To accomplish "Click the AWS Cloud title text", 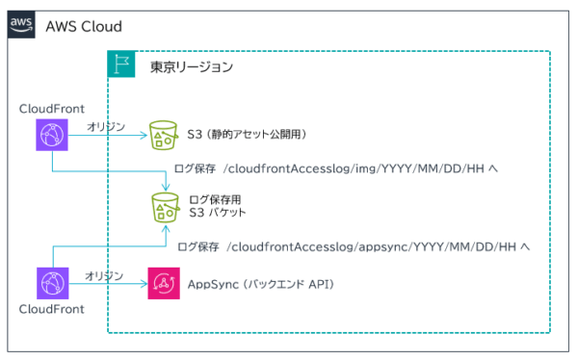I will (x=84, y=26).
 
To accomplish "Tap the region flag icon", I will (x=121, y=66).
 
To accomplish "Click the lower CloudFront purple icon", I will (x=50, y=285).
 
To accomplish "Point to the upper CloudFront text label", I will (x=52, y=108).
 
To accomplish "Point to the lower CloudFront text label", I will (x=52, y=311).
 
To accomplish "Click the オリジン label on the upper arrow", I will (x=107, y=126).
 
